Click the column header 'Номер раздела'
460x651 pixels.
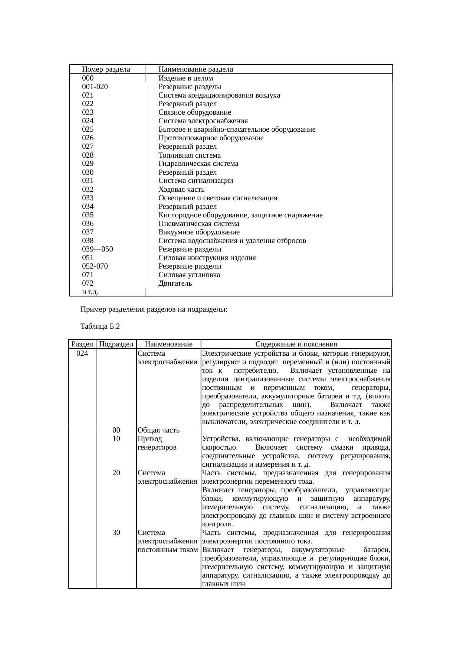click(x=106, y=69)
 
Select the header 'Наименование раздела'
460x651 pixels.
click(x=195, y=69)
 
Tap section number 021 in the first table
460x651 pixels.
click(x=88, y=95)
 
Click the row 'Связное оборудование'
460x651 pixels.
click(x=195, y=112)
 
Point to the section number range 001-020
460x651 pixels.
click(x=95, y=87)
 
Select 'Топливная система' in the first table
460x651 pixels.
click(x=190, y=155)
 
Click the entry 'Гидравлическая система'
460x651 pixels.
click(x=198, y=164)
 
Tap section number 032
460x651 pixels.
click(x=88, y=190)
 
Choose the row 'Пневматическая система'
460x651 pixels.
click(x=199, y=224)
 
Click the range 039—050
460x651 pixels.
click(x=98, y=249)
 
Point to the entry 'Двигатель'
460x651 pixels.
click(x=175, y=283)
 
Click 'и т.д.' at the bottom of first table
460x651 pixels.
click(x=90, y=292)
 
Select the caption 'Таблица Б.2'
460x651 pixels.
click(x=100, y=327)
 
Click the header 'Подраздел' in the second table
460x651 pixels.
click(x=116, y=344)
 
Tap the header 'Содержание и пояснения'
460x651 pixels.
click(x=296, y=344)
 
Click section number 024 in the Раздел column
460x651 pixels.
click(x=82, y=353)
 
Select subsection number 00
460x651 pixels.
click(x=116, y=430)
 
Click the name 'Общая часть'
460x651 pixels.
click(x=158, y=430)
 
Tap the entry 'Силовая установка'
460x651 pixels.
click(x=189, y=275)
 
